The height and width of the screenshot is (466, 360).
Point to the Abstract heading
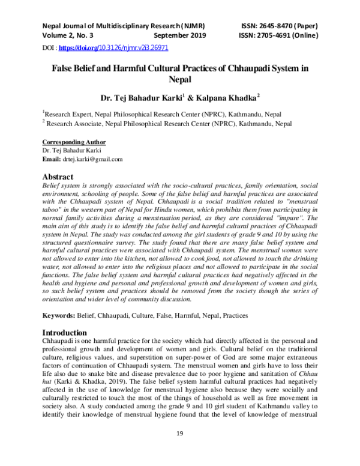coord(58,177)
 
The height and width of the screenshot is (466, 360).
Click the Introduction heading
coord(64,332)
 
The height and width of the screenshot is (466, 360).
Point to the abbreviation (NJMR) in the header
coord(190,26)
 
